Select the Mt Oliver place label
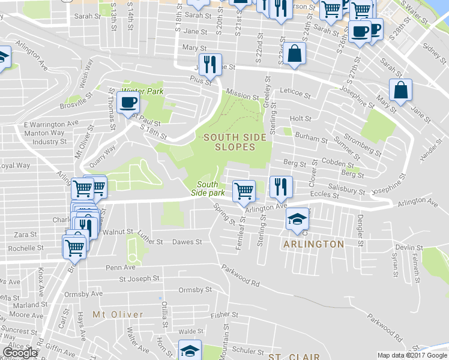pyautogui.click(x=118, y=314)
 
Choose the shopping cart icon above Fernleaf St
pyautogui.click(x=244, y=191)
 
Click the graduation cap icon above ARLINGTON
pyautogui.click(x=297, y=219)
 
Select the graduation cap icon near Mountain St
pyautogui.click(x=190, y=350)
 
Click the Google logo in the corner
pyautogui.click(x=19, y=353)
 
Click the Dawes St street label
pyautogui.click(x=186, y=242)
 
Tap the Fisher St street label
pyautogui.click(x=224, y=314)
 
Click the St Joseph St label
pyautogui.click(x=139, y=278)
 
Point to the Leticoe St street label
pyautogui.click(x=295, y=95)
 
